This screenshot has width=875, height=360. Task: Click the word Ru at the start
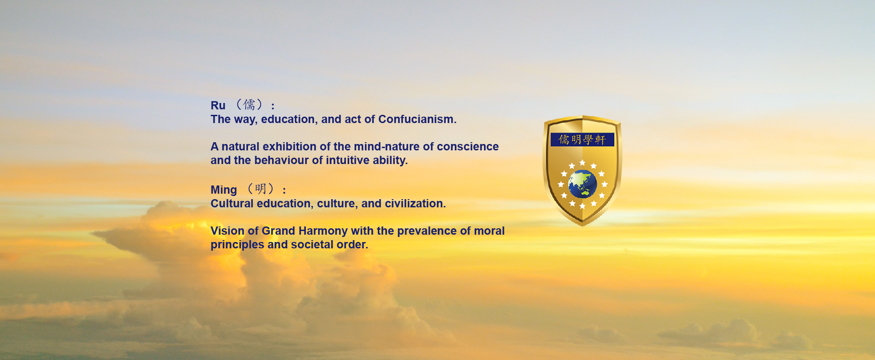218,106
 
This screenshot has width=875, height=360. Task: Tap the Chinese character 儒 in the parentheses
249,105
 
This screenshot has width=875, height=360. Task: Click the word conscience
468,147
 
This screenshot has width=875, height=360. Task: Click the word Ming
224,190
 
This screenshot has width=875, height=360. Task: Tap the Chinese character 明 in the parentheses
261,189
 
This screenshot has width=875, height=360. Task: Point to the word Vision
227,231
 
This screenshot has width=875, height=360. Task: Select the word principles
237,245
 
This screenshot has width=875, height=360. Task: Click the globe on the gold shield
582,184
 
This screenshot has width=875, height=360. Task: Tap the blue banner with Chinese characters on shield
582,139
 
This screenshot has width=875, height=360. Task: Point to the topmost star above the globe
582,163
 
